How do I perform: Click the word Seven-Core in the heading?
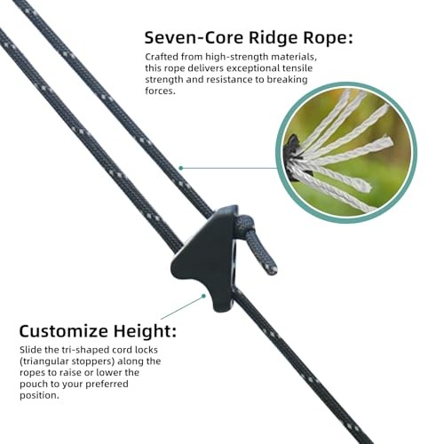tap(194, 38)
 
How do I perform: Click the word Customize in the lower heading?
tap(64, 331)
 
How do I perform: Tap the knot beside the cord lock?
tap(245, 226)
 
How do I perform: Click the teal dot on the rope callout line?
tap(181, 168)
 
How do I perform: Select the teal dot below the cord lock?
tap(203, 296)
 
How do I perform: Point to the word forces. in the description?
tap(160, 91)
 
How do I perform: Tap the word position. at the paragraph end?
tap(40, 395)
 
